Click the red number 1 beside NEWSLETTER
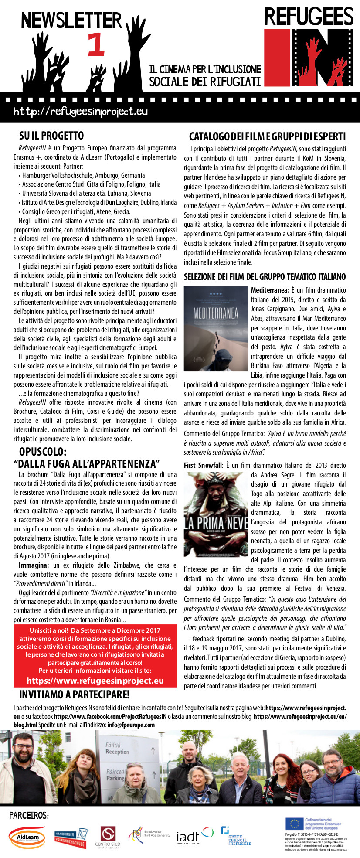tap(96, 45)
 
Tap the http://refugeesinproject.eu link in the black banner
tap(81, 112)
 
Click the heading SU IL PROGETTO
tap(51, 136)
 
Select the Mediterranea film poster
tap(215, 329)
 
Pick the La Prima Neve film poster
tap(215, 514)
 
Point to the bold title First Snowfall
tap(203, 465)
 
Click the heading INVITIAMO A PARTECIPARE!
tap(74, 694)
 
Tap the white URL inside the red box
tap(95, 681)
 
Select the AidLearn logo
tap(27, 837)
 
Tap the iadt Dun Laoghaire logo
tap(194, 836)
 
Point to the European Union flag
tap(294, 823)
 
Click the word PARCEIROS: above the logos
tap(29, 815)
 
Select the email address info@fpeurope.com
tap(131, 725)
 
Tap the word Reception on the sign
tap(117, 751)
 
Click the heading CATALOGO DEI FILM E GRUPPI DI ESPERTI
tap(267, 136)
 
